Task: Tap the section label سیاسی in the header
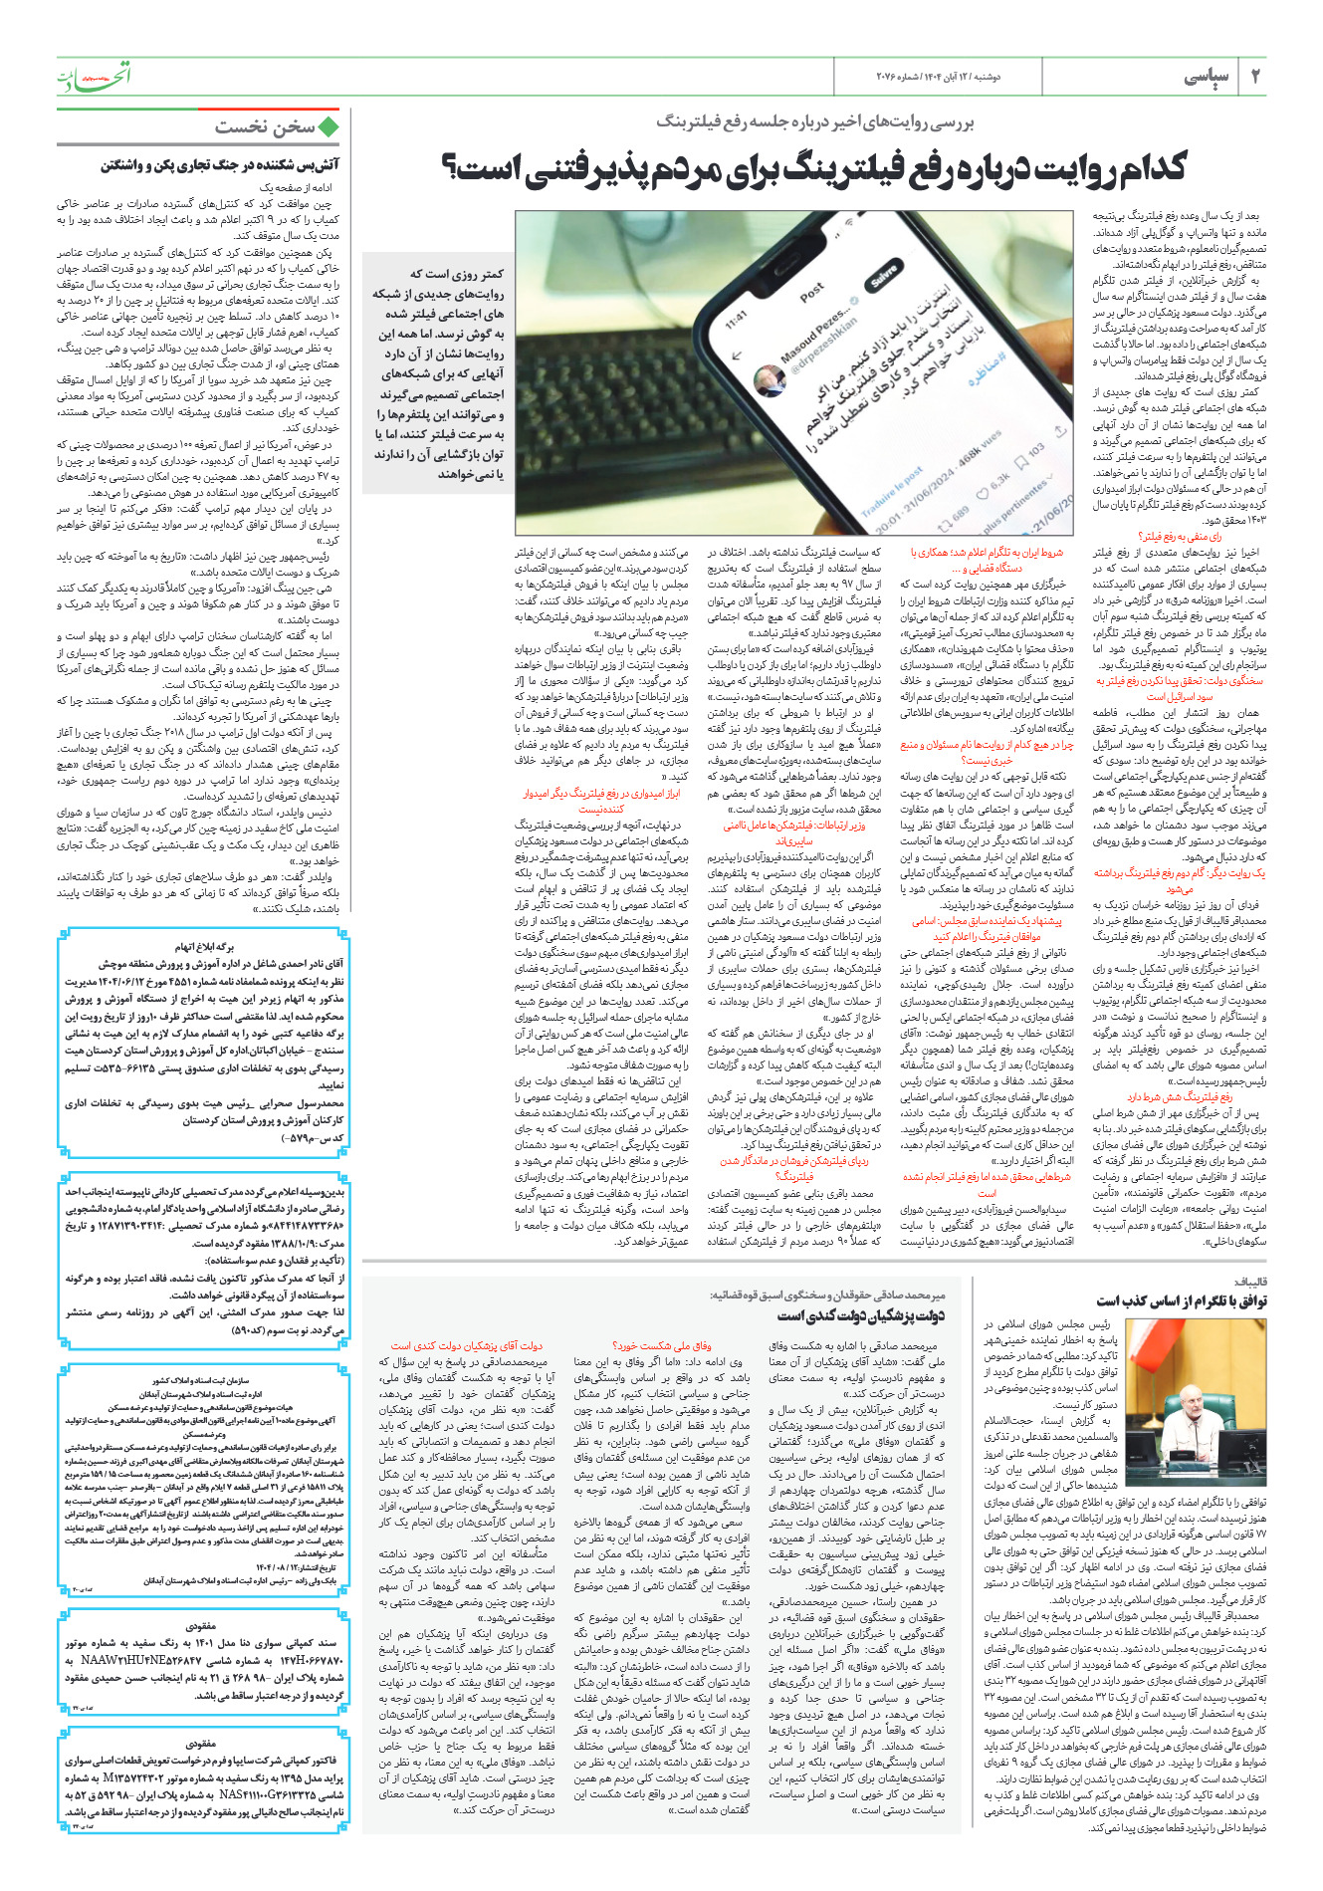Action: pyautogui.click(x=1207, y=77)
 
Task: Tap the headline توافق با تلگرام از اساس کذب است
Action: pyautogui.click(x=1181, y=1300)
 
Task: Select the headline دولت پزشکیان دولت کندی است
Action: pyautogui.click(x=860, y=1316)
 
